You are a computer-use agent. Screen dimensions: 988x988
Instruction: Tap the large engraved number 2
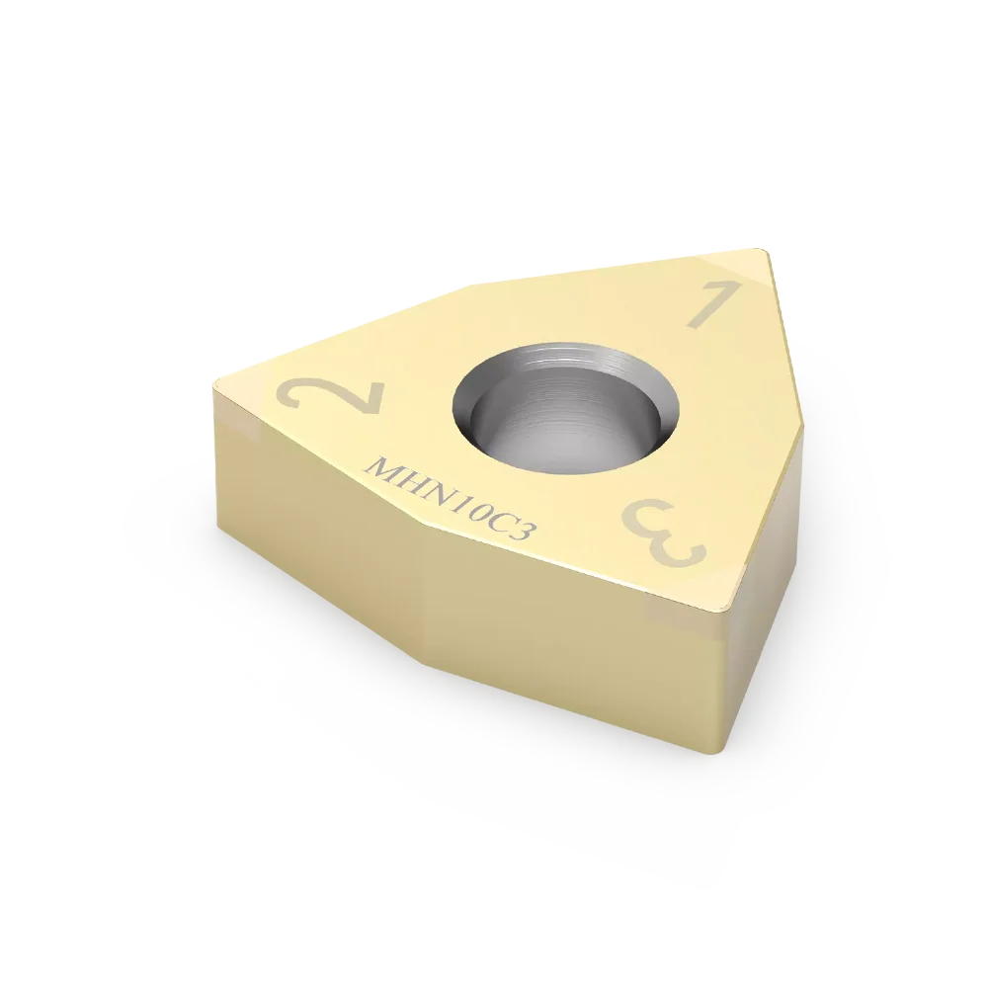click(x=333, y=396)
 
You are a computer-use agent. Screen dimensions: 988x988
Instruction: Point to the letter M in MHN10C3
click(x=380, y=467)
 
